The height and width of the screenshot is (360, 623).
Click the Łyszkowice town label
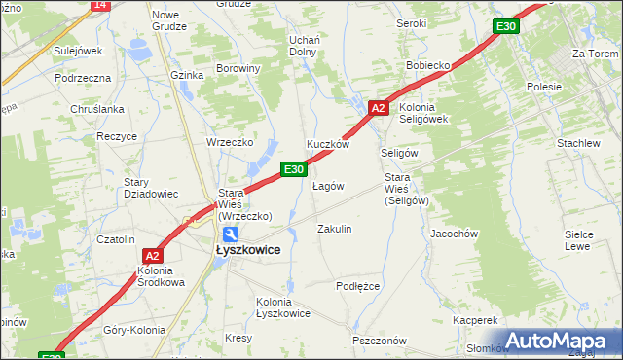pos(247,250)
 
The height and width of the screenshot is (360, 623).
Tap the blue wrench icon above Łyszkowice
pos(230,234)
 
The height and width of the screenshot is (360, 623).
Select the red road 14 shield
pos(100,5)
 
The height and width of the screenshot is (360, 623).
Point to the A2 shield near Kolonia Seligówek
pos(380,108)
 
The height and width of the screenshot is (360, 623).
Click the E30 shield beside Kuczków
pos(295,169)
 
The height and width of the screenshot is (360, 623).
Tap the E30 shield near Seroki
pos(504,26)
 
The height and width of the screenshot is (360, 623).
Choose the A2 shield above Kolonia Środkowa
pos(151,256)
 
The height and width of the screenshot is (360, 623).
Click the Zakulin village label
pos(335,229)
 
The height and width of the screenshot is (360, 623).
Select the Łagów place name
pos(328,186)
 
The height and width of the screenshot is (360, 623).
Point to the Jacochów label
pos(454,234)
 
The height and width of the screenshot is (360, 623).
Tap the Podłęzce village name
pos(357,286)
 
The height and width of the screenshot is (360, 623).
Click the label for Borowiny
pos(238,69)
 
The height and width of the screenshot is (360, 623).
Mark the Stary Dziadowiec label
pos(151,188)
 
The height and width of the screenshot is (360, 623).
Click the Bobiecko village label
pos(428,67)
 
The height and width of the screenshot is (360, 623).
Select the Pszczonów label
pos(379,341)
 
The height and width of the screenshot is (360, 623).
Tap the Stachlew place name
pos(578,143)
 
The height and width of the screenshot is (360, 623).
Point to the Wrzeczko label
pos(230,142)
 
